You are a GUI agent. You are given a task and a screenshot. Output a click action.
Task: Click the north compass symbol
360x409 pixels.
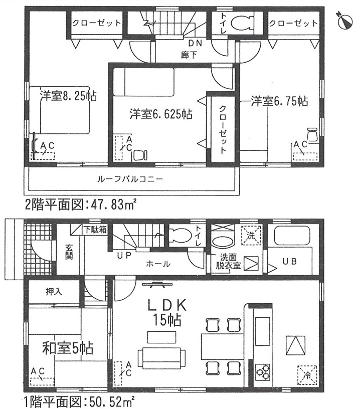345,21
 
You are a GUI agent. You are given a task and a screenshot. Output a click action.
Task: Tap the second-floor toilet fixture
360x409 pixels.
242,23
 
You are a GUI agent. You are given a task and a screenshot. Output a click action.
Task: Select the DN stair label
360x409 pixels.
195,43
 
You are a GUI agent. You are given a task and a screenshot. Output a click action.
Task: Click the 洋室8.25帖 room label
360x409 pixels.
69,96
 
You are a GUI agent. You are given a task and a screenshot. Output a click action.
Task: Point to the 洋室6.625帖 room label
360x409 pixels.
161,114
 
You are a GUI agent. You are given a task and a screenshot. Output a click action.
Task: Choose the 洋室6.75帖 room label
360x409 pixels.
279,101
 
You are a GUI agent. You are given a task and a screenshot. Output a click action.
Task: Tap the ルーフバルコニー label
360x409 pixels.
130,179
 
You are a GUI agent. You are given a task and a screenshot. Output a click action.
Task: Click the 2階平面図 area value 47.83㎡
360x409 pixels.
113,205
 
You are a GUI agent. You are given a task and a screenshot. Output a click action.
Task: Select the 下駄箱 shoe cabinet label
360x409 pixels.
95,230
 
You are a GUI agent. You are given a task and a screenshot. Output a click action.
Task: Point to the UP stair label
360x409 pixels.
124,256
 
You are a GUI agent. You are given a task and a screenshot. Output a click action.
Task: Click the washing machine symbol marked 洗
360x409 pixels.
251,235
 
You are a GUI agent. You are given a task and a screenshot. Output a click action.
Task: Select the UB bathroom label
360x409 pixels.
290,261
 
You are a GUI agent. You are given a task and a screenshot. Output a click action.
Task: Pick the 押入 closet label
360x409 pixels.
54,292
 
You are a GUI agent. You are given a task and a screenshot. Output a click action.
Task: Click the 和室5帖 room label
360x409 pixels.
68,348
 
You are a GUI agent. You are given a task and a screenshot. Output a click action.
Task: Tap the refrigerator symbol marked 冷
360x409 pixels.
307,375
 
